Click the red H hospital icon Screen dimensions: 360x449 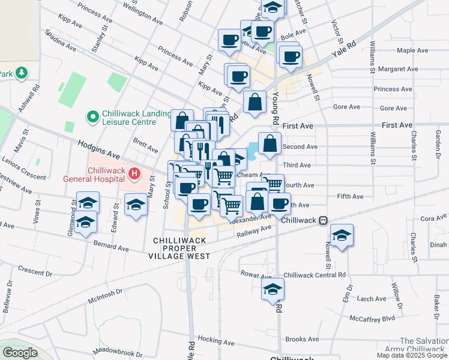(x=134, y=175)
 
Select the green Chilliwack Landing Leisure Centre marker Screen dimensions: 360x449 (x=92, y=115)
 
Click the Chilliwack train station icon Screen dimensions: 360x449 (x=323, y=220)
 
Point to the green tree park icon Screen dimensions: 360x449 (x=22, y=73)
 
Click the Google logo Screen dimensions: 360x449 (x=20, y=353)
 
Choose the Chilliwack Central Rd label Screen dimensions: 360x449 (x=315, y=275)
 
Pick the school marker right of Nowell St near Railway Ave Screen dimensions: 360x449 (x=342, y=235)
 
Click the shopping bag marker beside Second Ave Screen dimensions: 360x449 (x=270, y=144)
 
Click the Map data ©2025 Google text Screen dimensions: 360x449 (x=412, y=355)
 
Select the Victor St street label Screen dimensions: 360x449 (x=337, y=33)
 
